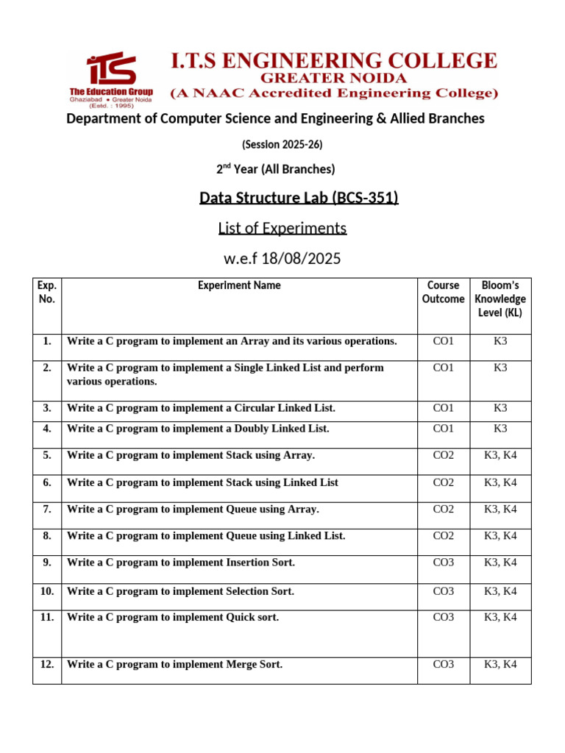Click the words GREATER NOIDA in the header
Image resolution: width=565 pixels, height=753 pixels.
pos(334,77)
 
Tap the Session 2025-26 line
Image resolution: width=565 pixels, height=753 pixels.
pos(282,144)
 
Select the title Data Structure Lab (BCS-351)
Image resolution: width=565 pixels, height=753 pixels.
pos(299,198)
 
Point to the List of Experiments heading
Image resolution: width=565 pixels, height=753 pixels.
pos(282,228)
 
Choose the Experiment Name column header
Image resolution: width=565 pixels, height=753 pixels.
pos(239,285)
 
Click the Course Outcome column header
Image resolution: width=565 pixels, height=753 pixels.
pos(443,292)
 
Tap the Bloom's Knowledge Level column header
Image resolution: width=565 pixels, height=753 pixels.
pos(500,299)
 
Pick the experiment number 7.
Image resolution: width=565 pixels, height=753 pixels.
pos(47,509)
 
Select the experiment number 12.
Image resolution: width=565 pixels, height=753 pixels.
pos(47,664)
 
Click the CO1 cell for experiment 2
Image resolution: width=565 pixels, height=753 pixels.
pos(444,367)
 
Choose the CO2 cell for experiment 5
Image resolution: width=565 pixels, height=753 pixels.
pos(444,455)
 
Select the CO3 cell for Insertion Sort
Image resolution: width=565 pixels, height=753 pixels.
pos(444,562)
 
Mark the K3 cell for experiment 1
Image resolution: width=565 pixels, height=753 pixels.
pos(500,340)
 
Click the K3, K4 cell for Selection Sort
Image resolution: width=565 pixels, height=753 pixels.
pos(500,590)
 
